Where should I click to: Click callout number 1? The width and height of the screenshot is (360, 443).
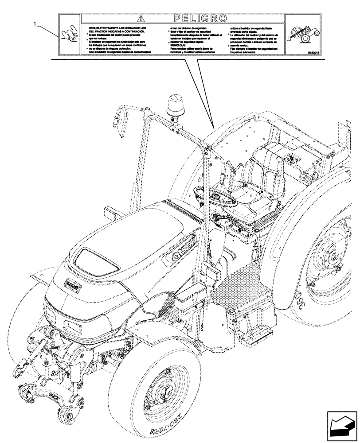click(35, 25)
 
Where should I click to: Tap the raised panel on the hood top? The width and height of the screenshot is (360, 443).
click(96, 261)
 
